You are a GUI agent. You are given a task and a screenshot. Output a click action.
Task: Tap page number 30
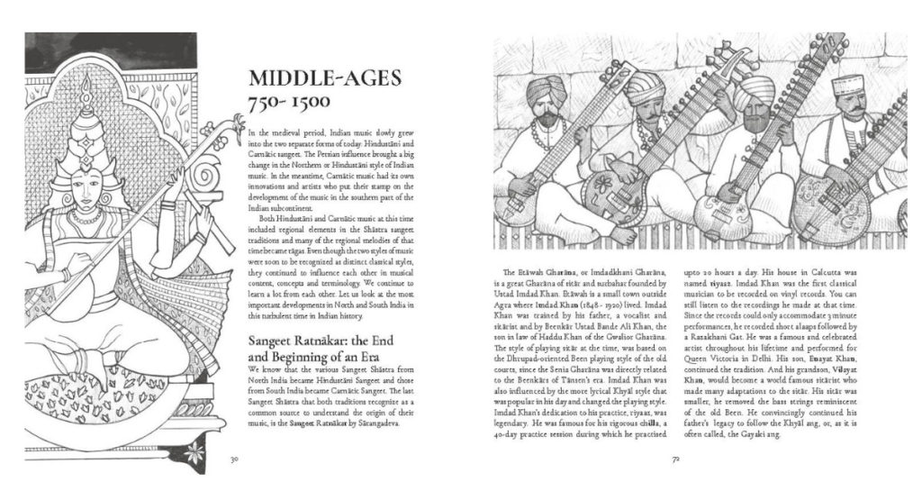pyautogui.click(x=233, y=459)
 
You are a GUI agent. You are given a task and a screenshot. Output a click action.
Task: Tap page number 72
pyautogui.click(x=675, y=459)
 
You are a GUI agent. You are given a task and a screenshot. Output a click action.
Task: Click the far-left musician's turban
pyautogui.click(x=547, y=90)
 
